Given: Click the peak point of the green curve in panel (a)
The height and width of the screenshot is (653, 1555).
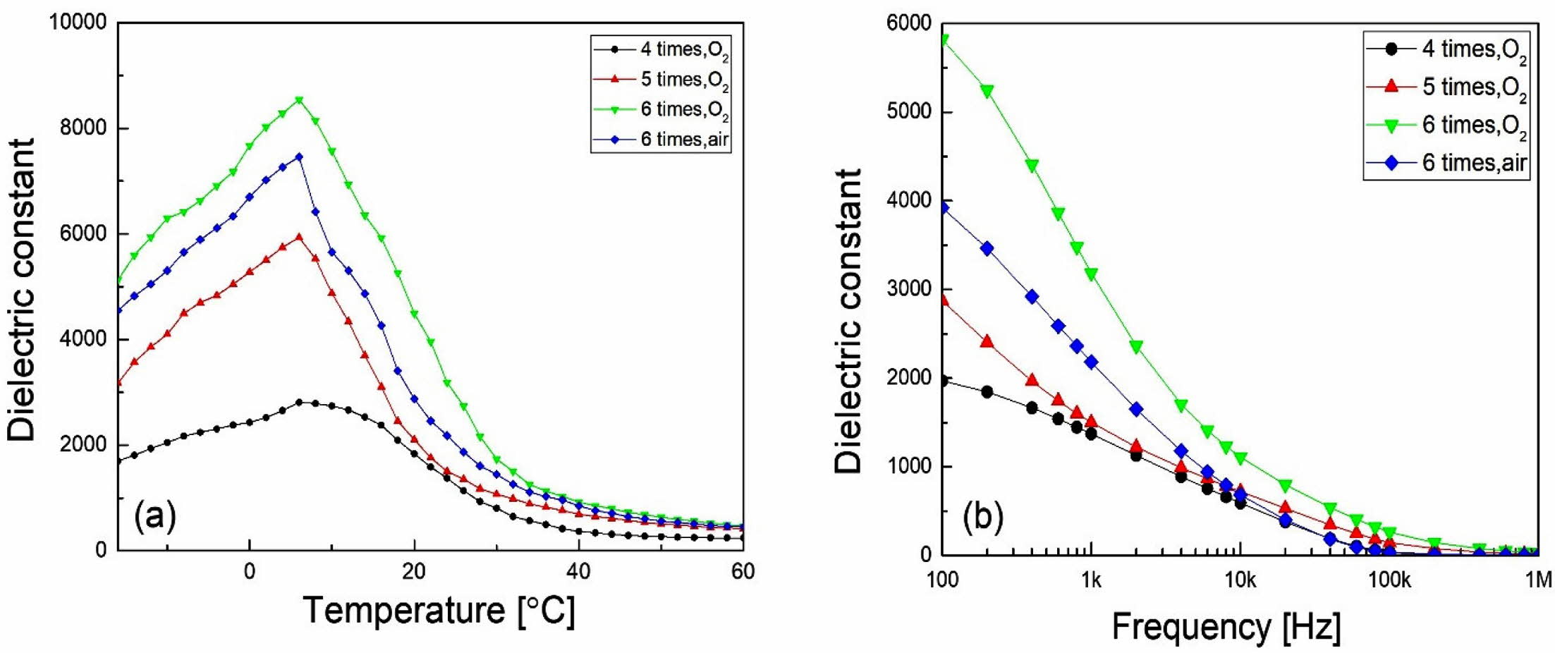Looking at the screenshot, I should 299,100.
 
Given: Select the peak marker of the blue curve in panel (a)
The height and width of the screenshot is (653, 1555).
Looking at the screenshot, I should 299,157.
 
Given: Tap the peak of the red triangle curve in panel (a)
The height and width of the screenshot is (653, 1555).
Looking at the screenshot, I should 299,237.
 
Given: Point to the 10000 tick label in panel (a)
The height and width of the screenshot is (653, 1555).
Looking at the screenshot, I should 77,22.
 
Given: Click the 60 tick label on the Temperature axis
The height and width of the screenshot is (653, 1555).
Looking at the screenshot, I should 743,571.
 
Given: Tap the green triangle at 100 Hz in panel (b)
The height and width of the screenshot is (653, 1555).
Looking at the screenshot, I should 943,40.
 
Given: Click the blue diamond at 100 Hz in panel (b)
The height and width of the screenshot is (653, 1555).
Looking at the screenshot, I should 943,207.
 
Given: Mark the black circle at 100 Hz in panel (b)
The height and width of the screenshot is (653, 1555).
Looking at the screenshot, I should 943,381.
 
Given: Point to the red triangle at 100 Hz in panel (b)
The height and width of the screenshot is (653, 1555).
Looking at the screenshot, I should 943,300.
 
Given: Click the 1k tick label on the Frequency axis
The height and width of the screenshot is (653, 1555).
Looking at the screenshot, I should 1090,580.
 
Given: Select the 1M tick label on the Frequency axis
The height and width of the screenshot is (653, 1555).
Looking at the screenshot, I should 1538,580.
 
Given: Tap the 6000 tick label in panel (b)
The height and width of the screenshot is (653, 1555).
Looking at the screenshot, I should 908,23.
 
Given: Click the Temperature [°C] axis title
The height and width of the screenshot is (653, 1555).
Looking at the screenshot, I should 439,610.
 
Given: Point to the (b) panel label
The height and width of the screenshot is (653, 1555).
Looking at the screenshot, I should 982,517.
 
